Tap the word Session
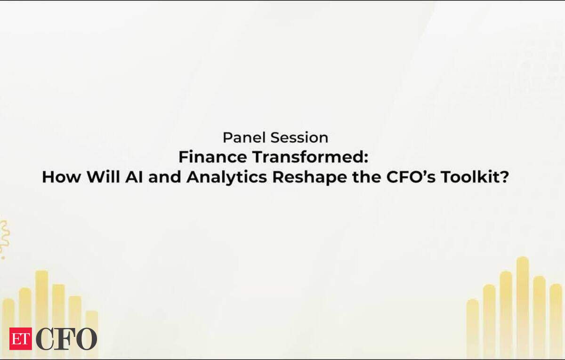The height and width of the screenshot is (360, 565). (x=299, y=137)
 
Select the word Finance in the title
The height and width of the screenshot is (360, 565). (x=213, y=157)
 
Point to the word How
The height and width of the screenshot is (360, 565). (x=62, y=177)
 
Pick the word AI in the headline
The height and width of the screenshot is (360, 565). (x=134, y=177)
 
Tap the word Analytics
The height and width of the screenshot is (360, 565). (x=227, y=177)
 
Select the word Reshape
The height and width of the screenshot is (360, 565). (x=310, y=177)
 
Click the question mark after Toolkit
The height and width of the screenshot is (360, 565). (x=503, y=177)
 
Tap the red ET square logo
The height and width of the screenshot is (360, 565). (x=21, y=339)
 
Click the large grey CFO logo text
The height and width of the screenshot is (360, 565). (x=66, y=339)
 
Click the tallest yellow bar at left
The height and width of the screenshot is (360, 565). (x=41, y=312)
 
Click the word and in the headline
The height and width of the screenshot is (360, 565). (x=165, y=177)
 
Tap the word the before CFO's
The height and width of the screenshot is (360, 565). (x=367, y=177)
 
